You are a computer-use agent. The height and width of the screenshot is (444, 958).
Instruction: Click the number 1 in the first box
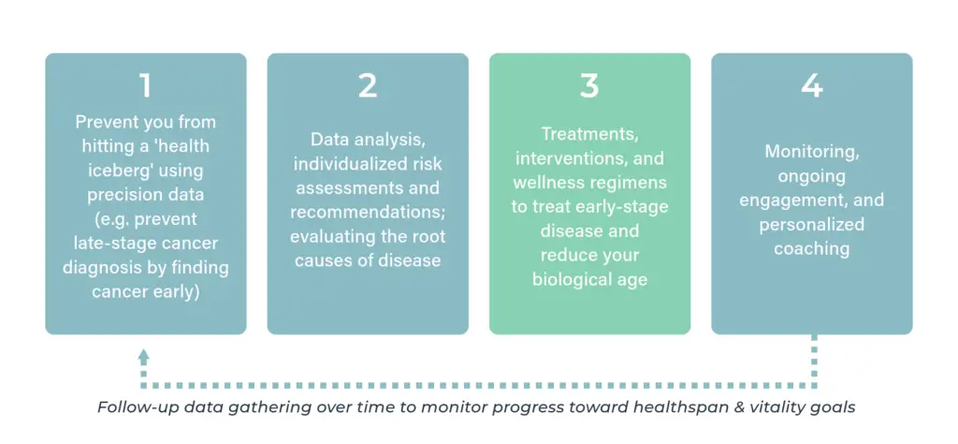click(145, 86)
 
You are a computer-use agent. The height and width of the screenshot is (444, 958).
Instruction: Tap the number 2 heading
click(367, 86)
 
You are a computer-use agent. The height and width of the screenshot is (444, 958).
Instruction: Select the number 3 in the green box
click(589, 86)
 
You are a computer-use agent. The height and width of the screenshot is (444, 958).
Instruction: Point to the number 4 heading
click(812, 86)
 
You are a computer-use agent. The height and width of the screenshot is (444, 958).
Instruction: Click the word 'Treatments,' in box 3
click(589, 133)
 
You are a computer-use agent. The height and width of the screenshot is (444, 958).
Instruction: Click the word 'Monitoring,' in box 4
click(812, 152)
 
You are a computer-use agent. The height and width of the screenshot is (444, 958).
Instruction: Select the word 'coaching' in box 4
click(812, 249)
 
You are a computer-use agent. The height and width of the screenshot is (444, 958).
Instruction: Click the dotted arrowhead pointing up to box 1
click(143, 357)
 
